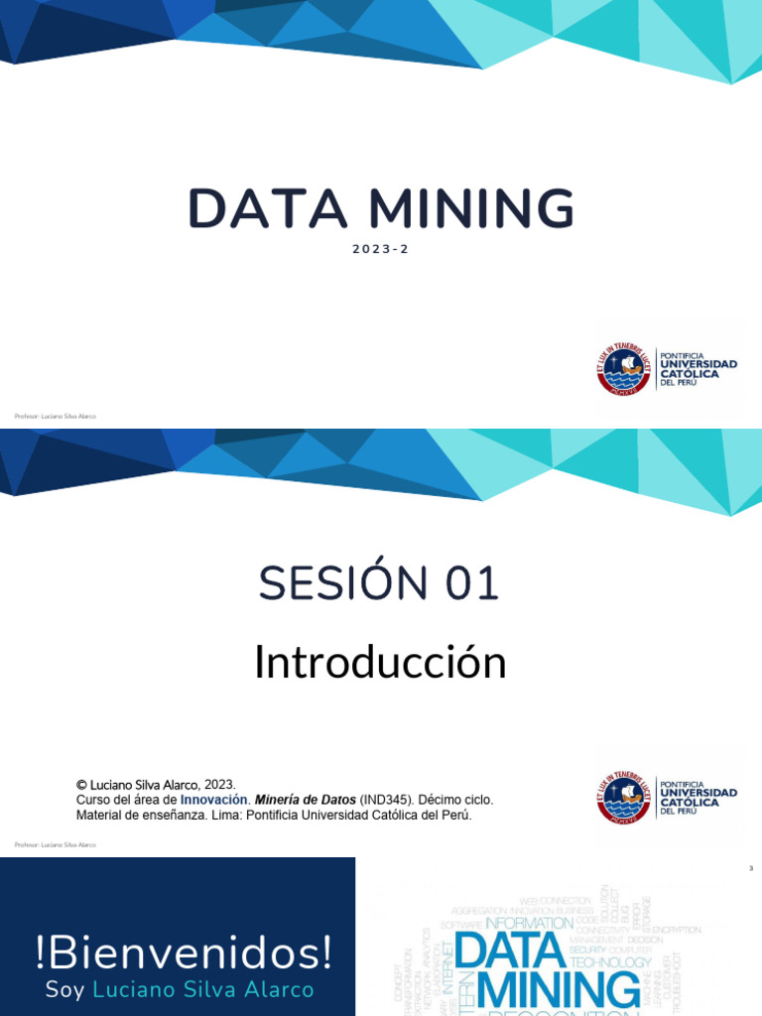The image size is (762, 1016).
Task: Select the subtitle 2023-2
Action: pyautogui.click(x=380, y=249)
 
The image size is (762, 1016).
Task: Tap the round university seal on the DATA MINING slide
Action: pyautogui.click(x=623, y=369)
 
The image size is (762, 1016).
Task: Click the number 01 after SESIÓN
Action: pyautogui.click(x=472, y=583)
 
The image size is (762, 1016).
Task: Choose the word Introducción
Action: pyautogui.click(x=380, y=662)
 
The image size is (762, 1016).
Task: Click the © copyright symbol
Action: pyautogui.click(x=81, y=784)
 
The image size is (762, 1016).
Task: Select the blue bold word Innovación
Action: pyautogui.click(x=213, y=800)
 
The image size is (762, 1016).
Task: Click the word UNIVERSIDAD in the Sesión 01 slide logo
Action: pyautogui.click(x=698, y=793)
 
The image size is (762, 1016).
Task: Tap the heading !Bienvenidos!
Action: pyautogui.click(x=184, y=953)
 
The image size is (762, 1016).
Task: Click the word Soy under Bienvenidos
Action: pyautogui.click(x=65, y=990)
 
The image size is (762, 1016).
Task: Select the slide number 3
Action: pyautogui.click(x=751, y=869)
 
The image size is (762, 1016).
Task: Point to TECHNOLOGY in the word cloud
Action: pyautogui.click(x=611, y=962)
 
